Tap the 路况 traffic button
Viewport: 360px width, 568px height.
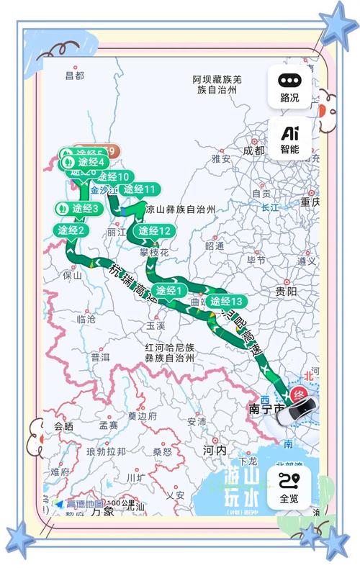click(x=289, y=87)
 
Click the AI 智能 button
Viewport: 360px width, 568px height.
click(x=289, y=139)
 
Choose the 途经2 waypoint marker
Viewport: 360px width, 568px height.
click(x=72, y=230)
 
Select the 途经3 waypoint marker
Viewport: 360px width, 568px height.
click(x=79, y=208)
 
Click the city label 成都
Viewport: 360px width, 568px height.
click(x=253, y=150)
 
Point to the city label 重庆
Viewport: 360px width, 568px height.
click(x=310, y=202)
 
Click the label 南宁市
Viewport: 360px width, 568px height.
click(x=266, y=409)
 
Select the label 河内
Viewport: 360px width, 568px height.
click(x=214, y=449)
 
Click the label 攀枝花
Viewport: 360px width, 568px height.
click(x=154, y=253)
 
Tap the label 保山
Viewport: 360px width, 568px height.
click(x=73, y=274)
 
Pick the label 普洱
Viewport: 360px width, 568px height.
click(x=100, y=357)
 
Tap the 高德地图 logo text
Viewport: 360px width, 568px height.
click(x=85, y=505)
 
